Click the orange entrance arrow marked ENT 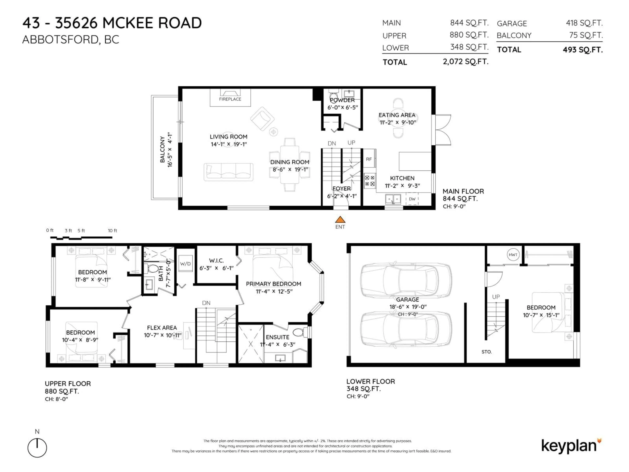pos(340,220)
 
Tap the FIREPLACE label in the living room pos(230,99)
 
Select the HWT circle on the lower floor pos(513,255)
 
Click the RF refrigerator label pos(369,159)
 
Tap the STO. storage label pos(486,352)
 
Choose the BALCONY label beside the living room pos(162,149)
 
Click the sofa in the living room pos(228,172)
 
